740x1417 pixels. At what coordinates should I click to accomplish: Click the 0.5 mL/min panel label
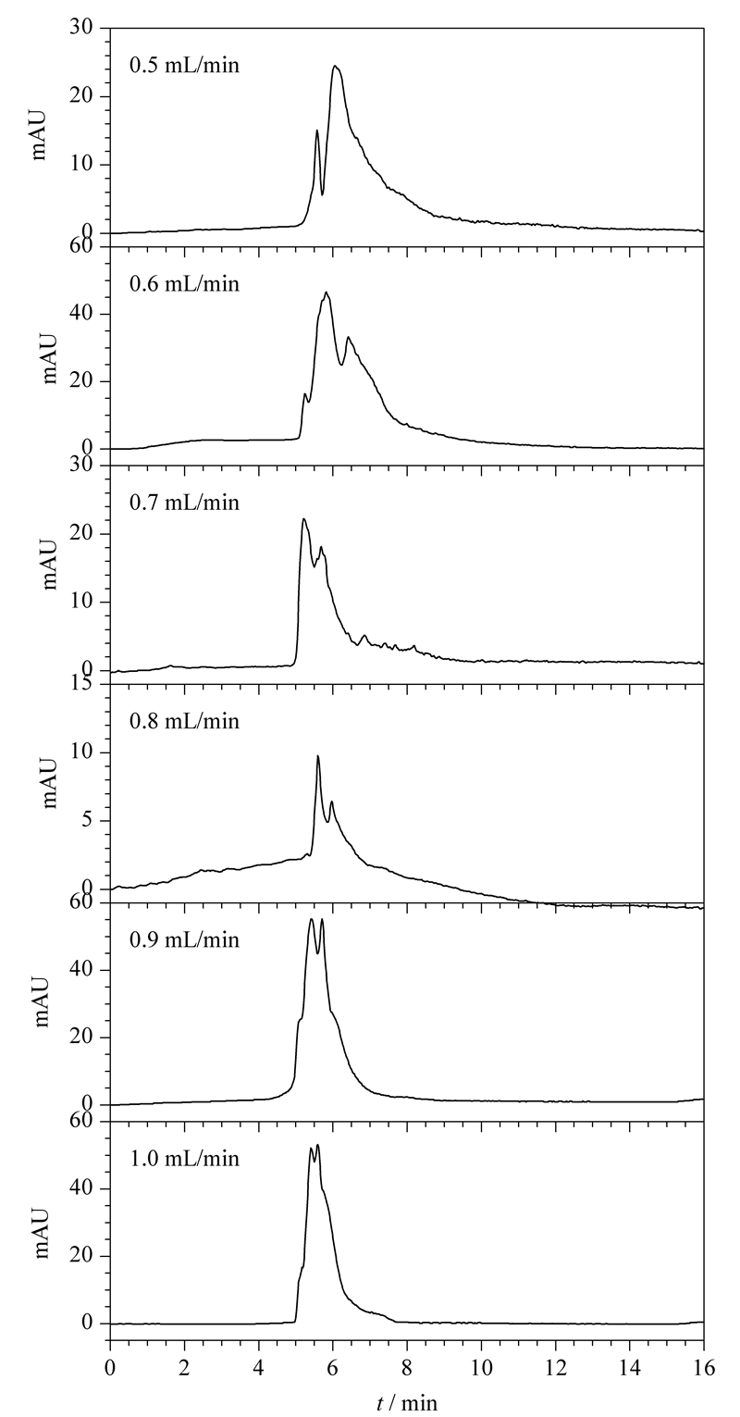tap(185, 65)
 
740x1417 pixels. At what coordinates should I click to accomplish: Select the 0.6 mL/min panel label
tap(185, 283)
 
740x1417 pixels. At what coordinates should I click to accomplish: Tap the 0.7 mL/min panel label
tap(185, 503)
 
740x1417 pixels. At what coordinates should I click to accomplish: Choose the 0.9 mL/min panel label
tap(185, 939)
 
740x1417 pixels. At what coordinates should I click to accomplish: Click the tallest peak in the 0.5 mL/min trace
tap(335, 66)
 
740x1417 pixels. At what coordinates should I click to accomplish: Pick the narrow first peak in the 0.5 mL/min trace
tap(317, 131)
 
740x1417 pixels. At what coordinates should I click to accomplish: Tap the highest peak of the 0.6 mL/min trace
tap(327, 292)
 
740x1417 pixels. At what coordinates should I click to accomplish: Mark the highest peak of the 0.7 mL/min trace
tap(304, 519)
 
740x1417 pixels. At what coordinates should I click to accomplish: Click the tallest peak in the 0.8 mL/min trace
tap(317, 756)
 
